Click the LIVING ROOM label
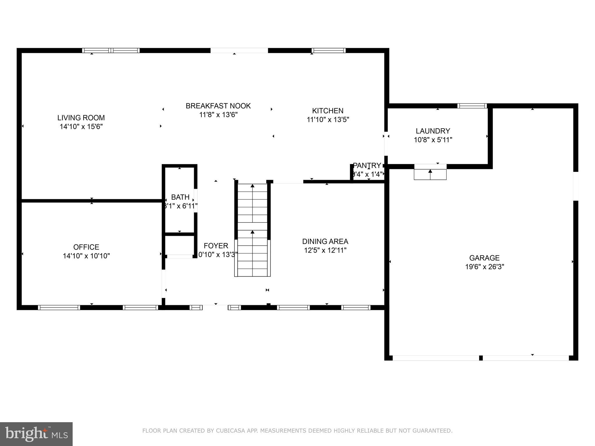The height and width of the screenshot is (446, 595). click(x=81, y=118)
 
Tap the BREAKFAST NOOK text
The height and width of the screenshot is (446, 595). click(x=218, y=106)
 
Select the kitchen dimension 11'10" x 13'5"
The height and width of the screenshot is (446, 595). click(x=328, y=119)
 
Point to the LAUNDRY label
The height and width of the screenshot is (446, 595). click(x=433, y=131)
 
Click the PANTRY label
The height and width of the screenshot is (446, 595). click(x=367, y=166)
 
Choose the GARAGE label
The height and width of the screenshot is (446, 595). click(x=484, y=258)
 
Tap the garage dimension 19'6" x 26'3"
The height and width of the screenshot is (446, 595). click(x=484, y=267)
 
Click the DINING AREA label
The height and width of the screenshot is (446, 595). click(x=325, y=241)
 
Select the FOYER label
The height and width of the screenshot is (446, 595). click(x=216, y=246)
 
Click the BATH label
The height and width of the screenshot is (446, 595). click(x=180, y=197)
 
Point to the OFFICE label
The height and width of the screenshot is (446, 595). click(x=86, y=247)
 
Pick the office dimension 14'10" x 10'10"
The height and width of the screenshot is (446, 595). click(x=86, y=256)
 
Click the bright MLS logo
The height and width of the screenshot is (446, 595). click(x=36, y=434)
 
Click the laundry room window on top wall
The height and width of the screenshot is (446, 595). click(x=472, y=106)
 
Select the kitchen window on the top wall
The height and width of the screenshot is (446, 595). click(x=329, y=51)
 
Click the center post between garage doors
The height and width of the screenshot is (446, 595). click(x=481, y=358)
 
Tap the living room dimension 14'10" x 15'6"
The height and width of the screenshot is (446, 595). click(x=81, y=127)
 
